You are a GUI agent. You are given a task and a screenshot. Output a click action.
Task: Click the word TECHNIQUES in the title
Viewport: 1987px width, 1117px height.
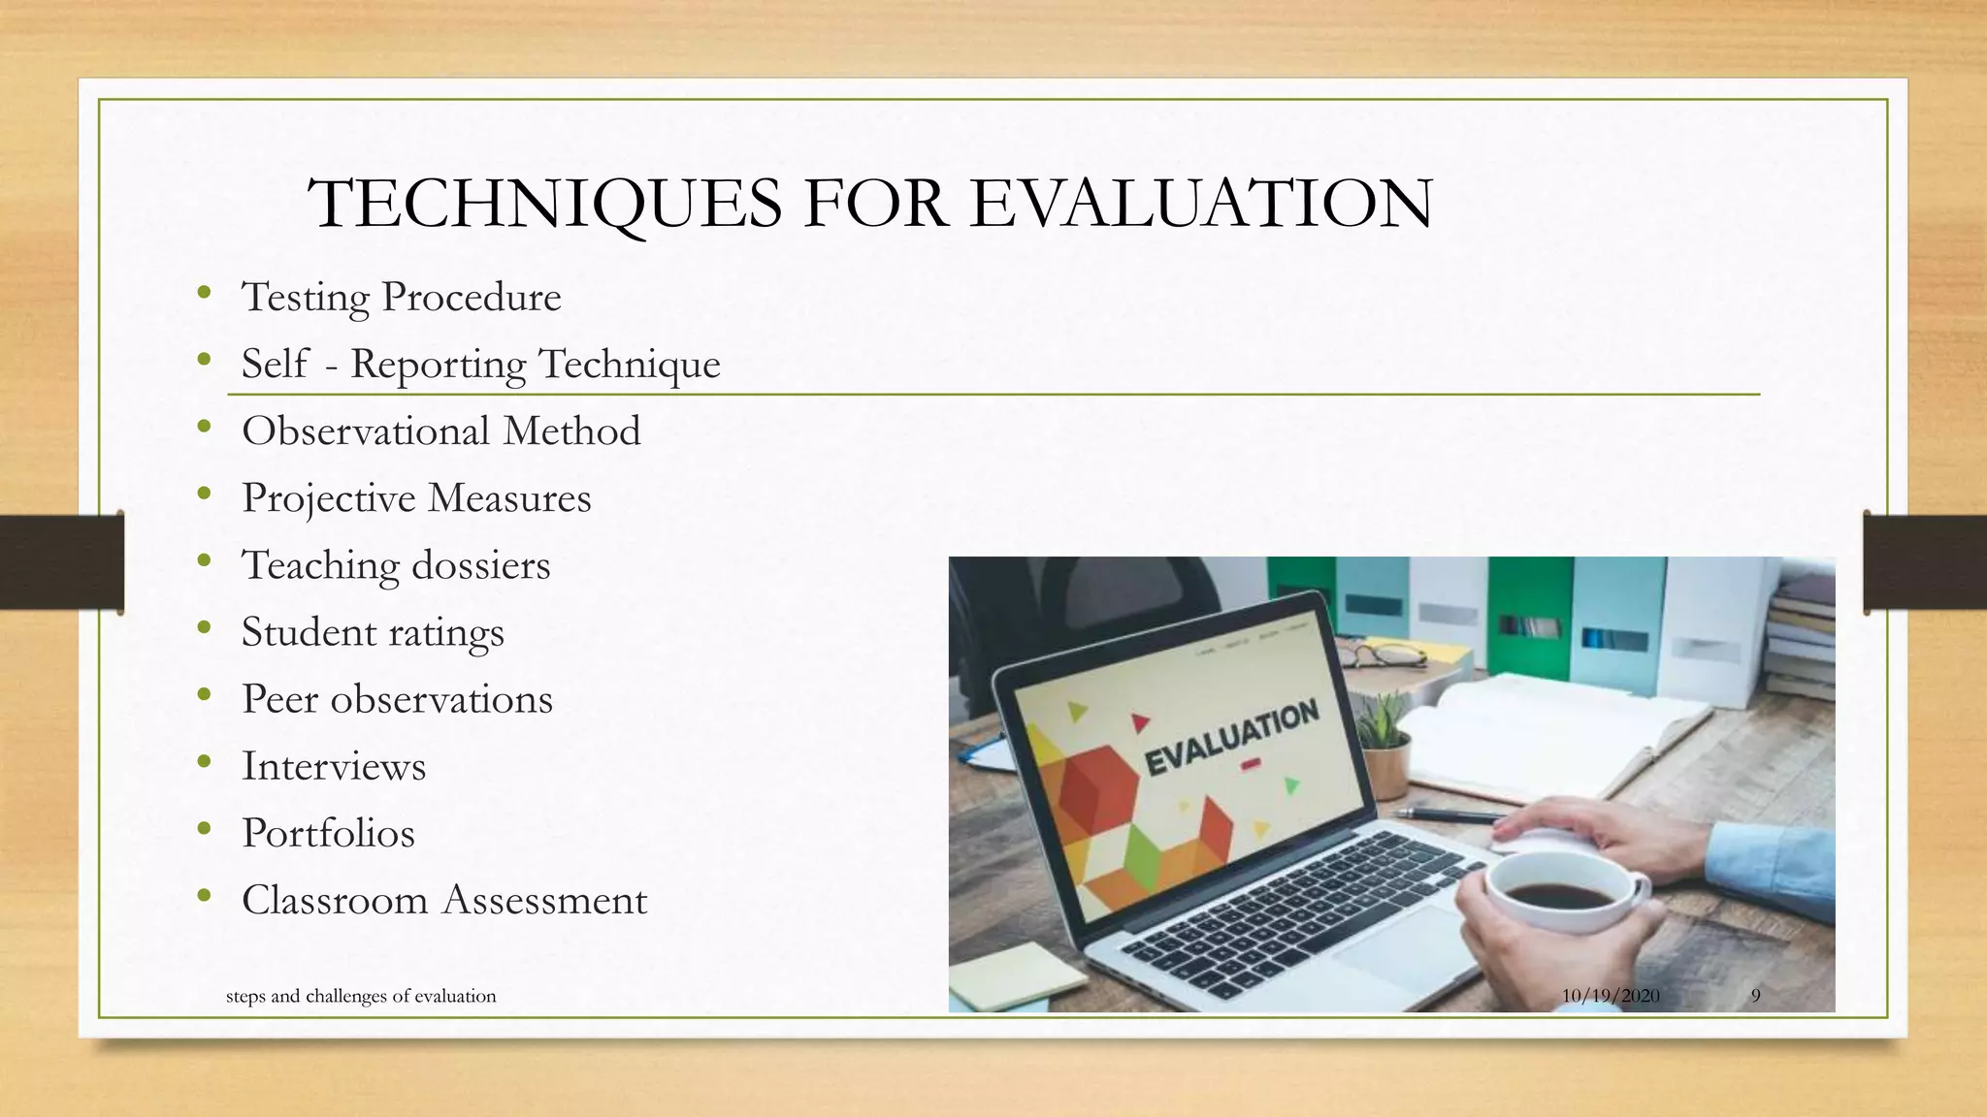543,205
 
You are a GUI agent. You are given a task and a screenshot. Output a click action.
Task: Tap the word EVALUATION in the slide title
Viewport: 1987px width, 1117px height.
1201,205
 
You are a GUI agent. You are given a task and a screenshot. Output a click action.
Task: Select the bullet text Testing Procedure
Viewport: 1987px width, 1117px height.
401,297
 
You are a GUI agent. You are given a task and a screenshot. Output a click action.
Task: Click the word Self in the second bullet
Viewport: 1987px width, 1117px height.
275,364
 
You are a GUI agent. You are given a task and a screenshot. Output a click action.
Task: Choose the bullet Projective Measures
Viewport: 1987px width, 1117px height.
416,498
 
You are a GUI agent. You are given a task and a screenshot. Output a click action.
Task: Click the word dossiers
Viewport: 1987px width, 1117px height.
481,565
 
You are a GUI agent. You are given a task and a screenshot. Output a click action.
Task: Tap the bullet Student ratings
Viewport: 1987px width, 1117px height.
373,632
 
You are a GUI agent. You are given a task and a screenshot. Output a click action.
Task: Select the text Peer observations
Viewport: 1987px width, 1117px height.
397,699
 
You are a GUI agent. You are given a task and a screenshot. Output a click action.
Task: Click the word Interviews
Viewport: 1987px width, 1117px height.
334,766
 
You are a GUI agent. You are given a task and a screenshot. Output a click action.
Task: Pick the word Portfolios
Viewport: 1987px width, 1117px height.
328,833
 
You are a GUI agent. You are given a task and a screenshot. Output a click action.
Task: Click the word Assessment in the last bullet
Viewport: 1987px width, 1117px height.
544,900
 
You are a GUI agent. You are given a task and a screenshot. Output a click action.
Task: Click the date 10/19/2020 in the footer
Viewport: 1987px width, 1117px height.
1611,996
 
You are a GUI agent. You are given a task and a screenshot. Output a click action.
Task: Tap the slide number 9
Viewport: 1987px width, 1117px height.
1755,996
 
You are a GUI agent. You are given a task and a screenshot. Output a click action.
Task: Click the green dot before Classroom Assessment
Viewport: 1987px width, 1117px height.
203,898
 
